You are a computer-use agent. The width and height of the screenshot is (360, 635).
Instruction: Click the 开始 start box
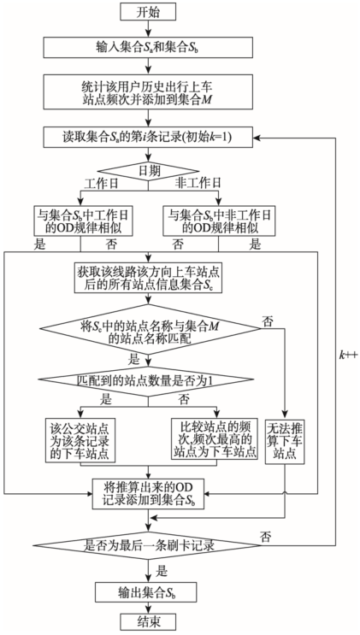pos(148,12)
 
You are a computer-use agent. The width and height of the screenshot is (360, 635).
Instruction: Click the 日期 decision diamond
pos(148,170)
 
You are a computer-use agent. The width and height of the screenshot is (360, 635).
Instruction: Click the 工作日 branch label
pos(101,183)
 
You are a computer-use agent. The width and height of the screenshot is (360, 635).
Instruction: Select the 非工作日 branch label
pos(198,183)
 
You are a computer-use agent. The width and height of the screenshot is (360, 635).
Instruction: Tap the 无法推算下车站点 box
pos(285,441)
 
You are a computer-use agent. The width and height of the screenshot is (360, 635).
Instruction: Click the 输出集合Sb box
pos(145,592)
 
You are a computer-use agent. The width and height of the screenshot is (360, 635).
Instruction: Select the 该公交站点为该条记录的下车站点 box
pos(80,440)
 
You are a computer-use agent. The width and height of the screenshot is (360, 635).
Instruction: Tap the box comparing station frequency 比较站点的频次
pos(214,439)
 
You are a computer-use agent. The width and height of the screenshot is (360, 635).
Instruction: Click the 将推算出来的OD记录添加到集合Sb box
pos(148,494)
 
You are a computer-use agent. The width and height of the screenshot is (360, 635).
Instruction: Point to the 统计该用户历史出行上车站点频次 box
pos(148,92)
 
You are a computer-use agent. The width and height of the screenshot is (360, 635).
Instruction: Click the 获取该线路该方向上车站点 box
pos(148,278)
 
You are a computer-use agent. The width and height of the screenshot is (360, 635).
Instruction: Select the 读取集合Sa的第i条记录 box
pos(148,138)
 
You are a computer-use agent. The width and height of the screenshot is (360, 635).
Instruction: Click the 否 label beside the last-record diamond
pos(266,538)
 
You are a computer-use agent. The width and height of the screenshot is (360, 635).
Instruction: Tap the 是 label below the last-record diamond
pos(162,572)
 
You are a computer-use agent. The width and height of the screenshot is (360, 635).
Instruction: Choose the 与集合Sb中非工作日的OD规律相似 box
pos(219,221)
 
